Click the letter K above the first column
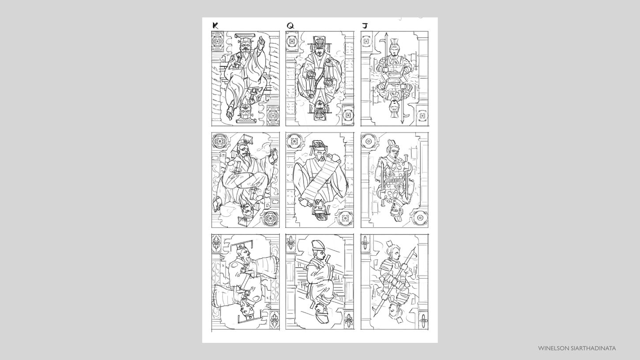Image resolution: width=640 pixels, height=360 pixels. coord(215,26)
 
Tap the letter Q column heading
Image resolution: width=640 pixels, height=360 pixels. coord(290,26)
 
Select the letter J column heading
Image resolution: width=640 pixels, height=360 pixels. coord(365,26)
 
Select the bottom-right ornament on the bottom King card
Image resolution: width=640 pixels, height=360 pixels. coord(274,320)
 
